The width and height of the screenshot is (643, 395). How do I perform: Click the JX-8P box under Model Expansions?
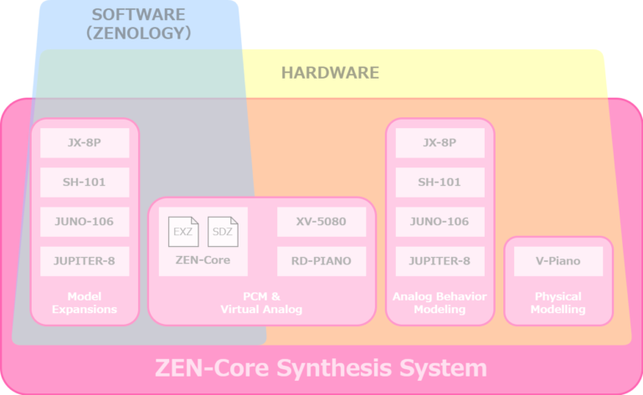(85, 142)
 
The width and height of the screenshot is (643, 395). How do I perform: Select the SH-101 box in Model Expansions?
(85, 182)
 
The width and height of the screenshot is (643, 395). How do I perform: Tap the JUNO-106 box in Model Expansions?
(85, 222)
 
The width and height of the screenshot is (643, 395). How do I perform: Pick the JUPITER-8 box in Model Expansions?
(85, 261)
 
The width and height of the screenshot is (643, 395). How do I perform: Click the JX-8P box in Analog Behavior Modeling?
(440, 142)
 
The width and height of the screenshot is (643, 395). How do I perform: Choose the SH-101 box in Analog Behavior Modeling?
(440, 182)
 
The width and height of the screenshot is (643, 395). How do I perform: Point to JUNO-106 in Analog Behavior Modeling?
(440, 222)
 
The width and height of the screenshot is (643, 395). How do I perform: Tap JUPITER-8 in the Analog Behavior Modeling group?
(440, 261)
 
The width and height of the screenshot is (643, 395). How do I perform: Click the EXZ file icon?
(183, 232)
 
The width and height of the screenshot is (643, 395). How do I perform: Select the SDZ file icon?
(222, 232)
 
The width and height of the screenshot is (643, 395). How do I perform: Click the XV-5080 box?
(321, 222)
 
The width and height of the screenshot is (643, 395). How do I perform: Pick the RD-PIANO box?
(321, 261)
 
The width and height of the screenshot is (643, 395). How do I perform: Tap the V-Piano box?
(558, 261)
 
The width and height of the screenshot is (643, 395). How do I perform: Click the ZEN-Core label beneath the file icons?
(203, 260)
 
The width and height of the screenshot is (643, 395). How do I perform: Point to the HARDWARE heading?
(330, 73)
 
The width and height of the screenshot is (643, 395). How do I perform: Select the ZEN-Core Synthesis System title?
(321, 368)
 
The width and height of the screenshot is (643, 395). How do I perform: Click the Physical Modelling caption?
(558, 303)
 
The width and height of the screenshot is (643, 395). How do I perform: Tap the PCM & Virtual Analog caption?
(261, 303)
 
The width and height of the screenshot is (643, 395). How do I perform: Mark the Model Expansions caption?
(85, 303)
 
